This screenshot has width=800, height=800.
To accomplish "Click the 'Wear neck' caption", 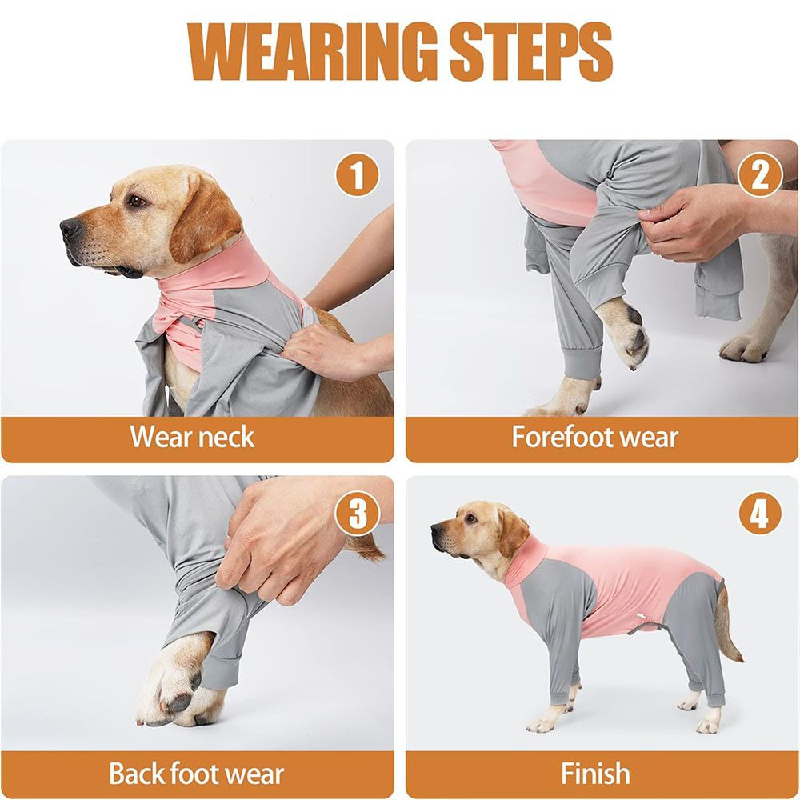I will click(192, 438).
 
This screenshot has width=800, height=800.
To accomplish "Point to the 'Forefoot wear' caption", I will click(594, 438).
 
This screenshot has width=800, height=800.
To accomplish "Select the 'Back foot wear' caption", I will click(196, 774).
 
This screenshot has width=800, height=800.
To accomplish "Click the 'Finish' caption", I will click(594, 774).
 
